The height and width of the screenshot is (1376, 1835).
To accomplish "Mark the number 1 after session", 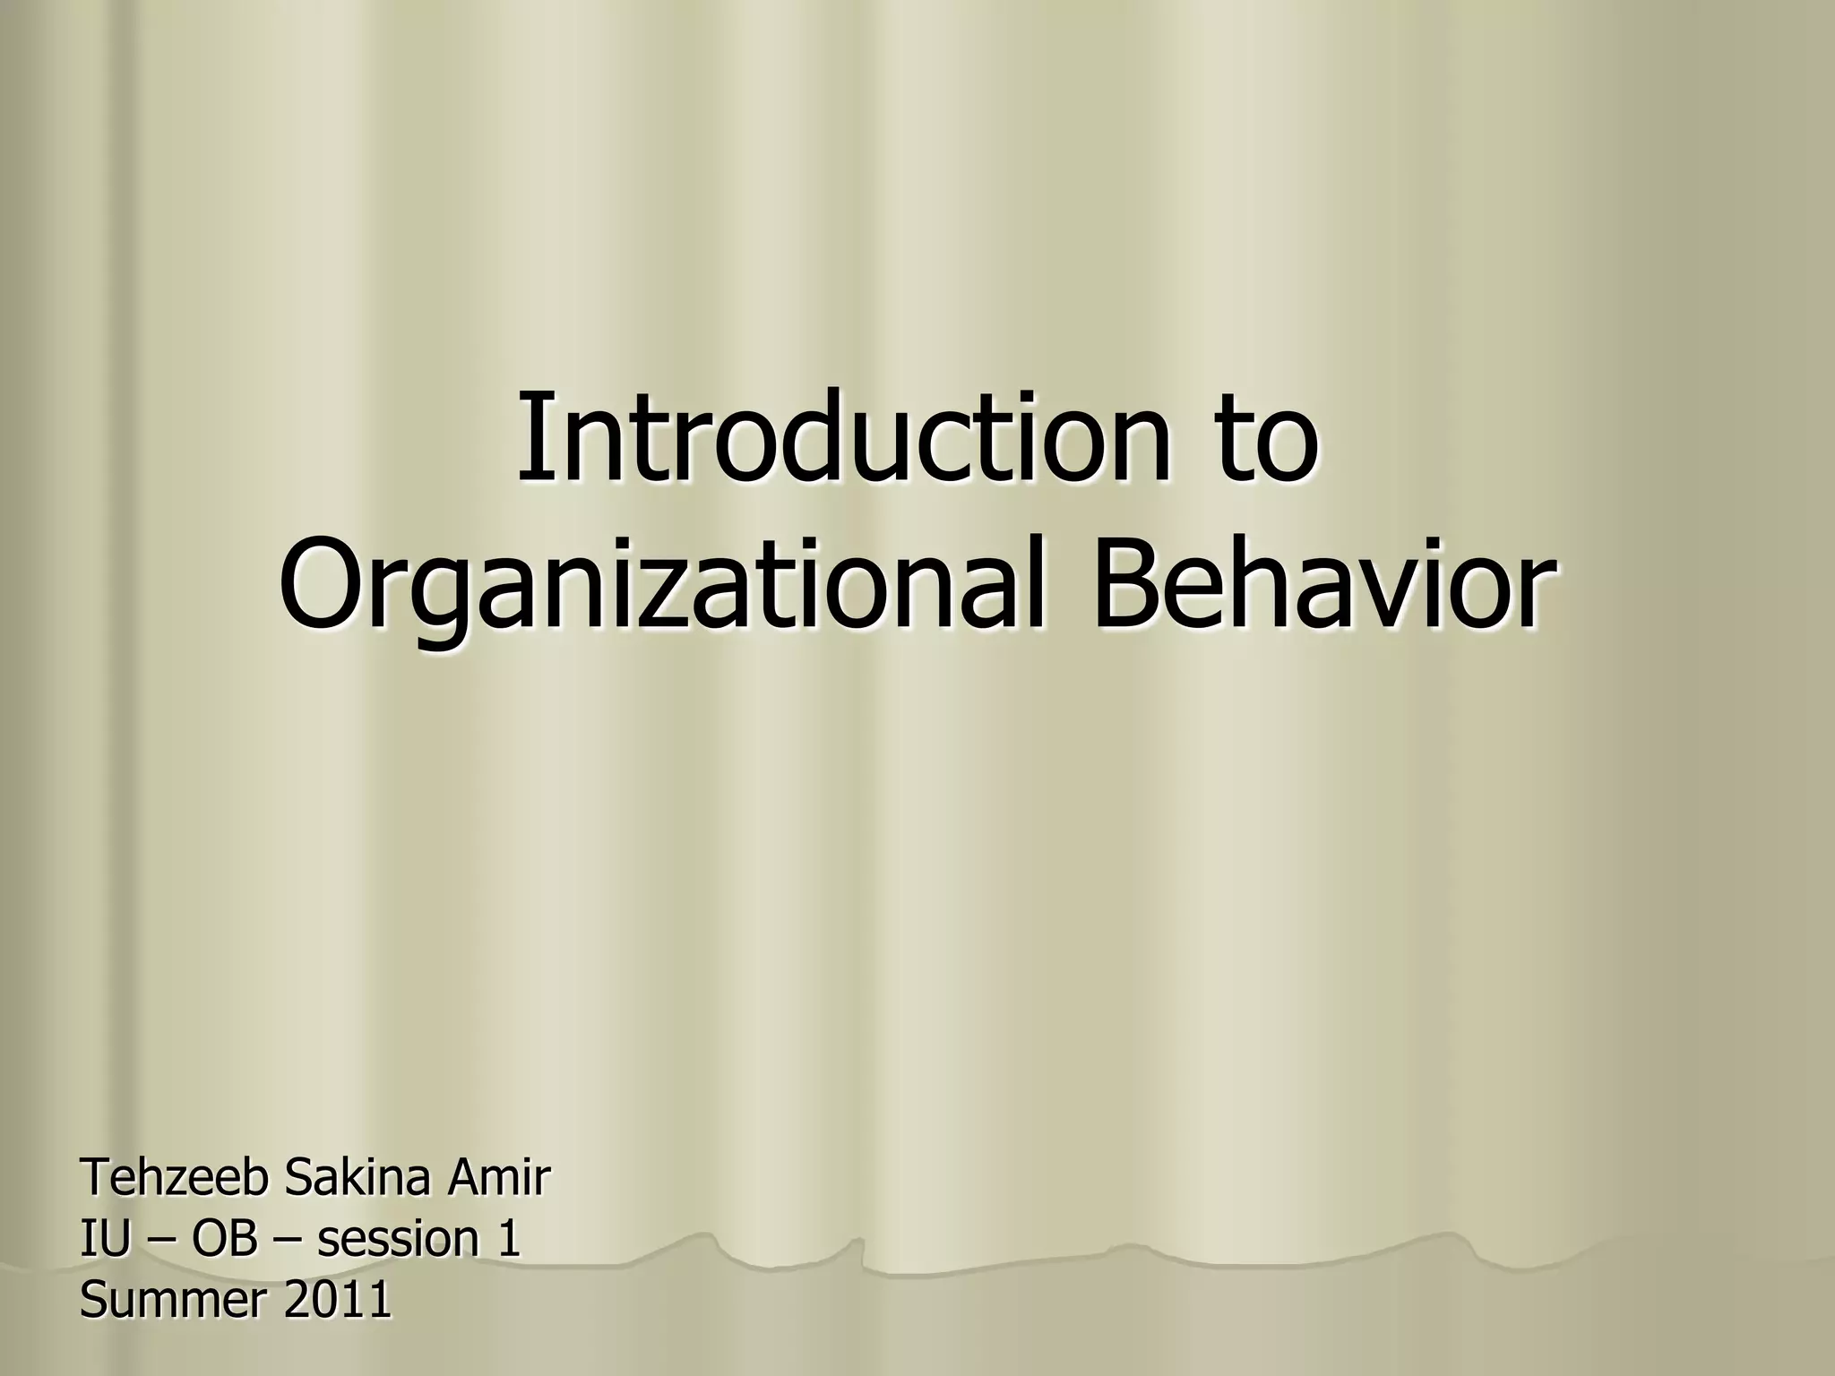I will click(x=508, y=1240).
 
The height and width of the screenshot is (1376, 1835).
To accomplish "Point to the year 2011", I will click(x=338, y=1301).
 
